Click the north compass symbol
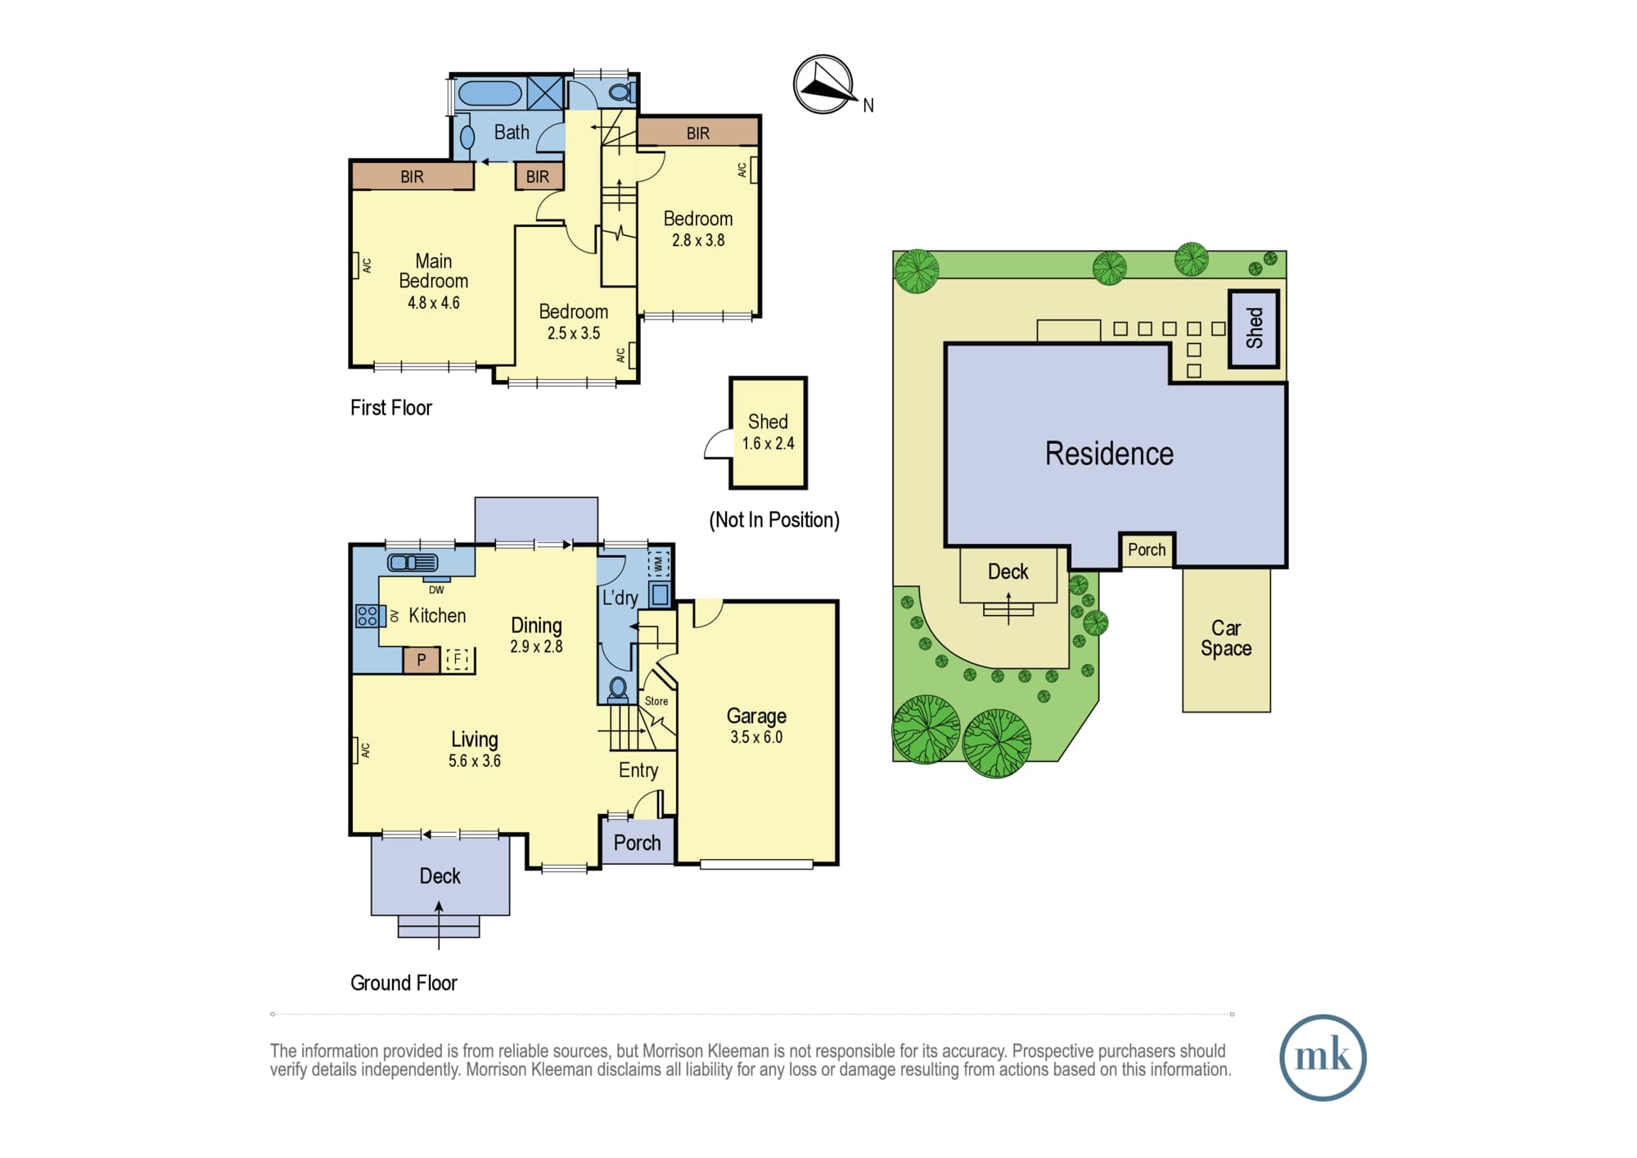[x=823, y=84]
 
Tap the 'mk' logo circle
[x=1323, y=1057]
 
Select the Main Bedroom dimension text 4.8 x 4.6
[x=434, y=303]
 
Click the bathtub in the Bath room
[x=489, y=93]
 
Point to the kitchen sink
[x=413, y=563]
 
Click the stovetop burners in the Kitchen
[x=368, y=616]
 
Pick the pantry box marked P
[x=422, y=660]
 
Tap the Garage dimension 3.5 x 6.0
[x=756, y=737]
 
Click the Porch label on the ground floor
[x=637, y=843]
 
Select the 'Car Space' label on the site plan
[x=1226, y=638]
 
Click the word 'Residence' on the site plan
[x=1109, y=454]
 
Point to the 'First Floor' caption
[x=391, y=408]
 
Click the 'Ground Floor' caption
[x=404, y=983]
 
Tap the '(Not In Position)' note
[x=774, y=520]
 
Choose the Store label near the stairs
[x=656, y=701]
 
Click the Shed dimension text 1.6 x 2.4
[x=768, y=444]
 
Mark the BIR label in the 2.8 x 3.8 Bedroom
[x=698, y=133]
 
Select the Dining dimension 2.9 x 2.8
[x=536, y=647]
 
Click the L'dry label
[x=620, y=598]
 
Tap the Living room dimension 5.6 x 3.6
[x=475, y=761]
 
